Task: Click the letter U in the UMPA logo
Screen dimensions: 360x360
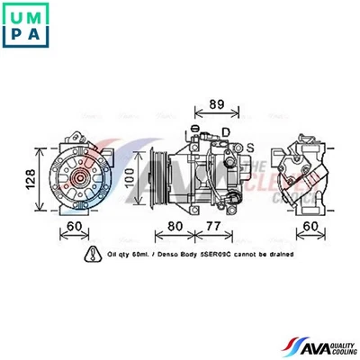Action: pos(14,15)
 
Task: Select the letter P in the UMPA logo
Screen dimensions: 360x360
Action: pos(14,35)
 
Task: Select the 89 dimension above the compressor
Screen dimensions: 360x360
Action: pos(216,104)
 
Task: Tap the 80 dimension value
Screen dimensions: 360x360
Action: pos(175,226)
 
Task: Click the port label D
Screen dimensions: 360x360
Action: pos(226,132)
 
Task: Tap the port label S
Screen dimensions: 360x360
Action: pos(250,147)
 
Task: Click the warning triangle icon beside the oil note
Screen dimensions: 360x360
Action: pos(91,256)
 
